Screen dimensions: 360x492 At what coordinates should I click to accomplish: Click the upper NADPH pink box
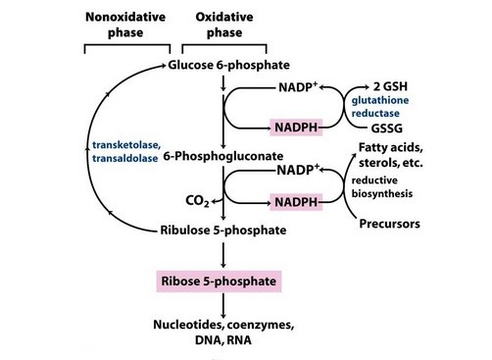click(x=298, y=129)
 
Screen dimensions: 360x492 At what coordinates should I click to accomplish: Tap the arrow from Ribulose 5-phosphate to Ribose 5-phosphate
click(x=224, y=256)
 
